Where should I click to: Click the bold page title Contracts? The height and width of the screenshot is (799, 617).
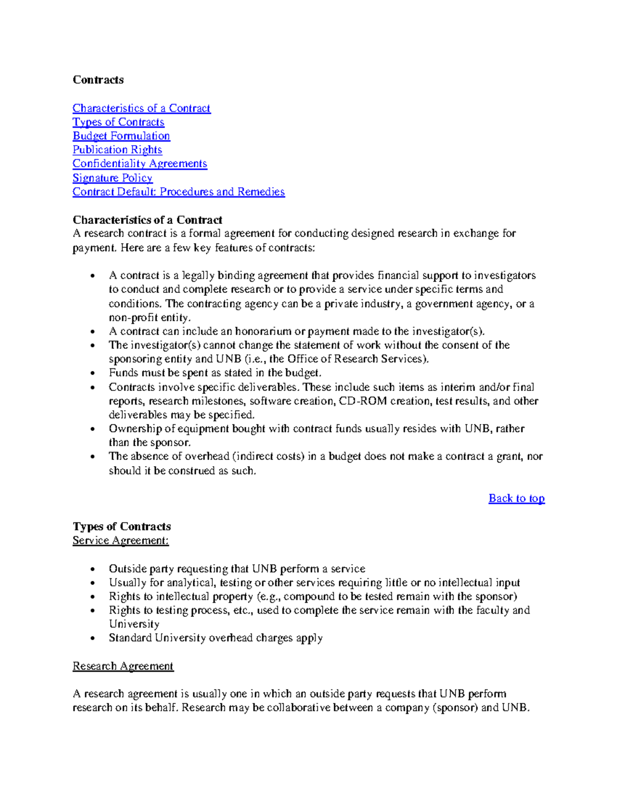click(98, 80)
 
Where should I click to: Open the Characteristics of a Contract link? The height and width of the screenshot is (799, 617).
click(141, 108)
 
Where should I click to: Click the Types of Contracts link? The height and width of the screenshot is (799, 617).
click(118, 122)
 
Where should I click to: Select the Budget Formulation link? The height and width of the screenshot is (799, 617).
click(121, 136)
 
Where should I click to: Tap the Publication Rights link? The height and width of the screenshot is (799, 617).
click(117, 150)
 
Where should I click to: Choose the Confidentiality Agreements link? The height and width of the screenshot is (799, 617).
click(139, 164)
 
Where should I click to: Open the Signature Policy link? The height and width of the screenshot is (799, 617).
click(112, 178)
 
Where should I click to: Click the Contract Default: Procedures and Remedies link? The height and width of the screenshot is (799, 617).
click(178, 192)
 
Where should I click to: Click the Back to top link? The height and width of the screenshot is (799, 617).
click(516, 498)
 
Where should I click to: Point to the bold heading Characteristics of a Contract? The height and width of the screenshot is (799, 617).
click(147, 220)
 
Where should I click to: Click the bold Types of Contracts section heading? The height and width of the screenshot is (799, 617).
click(121, 526)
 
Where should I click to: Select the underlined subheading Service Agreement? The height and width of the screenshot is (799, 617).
click(120, 540)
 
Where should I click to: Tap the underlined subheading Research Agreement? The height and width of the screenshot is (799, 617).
click(123, 666)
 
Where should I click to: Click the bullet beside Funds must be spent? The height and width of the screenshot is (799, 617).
click(92, 374)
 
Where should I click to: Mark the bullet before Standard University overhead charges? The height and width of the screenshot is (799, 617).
click(92, 639)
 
